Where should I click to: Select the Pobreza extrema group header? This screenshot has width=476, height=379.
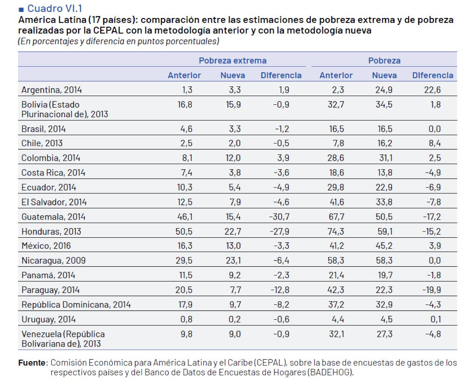pos(233,61)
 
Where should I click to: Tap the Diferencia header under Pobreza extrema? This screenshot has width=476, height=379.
pos(281,75)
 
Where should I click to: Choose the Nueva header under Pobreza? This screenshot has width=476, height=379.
pos(384,75)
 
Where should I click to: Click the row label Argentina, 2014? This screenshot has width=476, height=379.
pos(51,90)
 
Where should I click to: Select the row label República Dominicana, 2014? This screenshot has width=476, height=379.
pos(75,304)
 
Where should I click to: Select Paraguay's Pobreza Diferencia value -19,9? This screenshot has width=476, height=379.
pos(433,290)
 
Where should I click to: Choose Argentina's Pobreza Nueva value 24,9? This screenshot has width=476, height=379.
pos(384,90)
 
